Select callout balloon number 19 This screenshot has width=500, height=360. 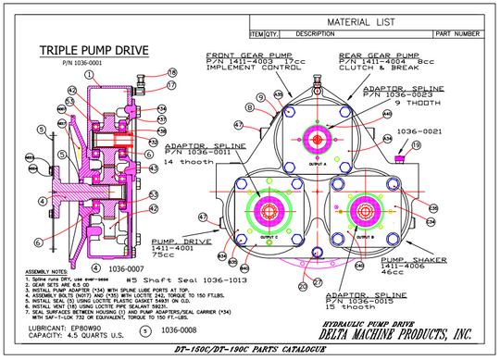[416, 145]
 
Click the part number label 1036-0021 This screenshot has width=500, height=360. [414, 131]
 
